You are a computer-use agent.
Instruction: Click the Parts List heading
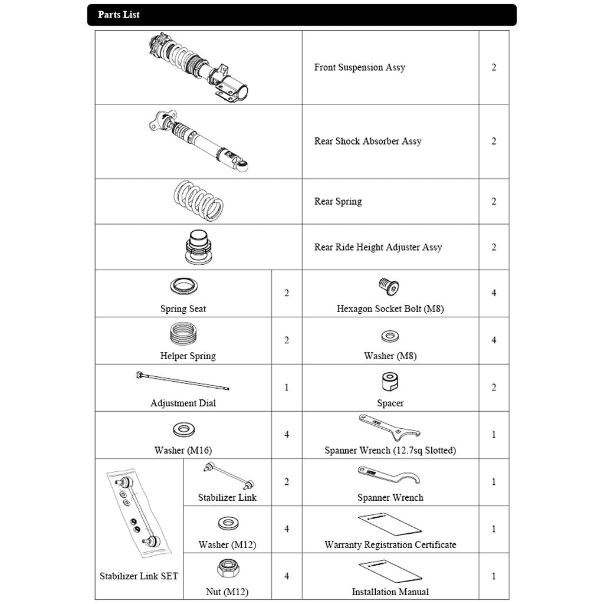tap(119, 15)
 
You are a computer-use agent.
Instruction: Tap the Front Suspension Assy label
tap(359, 67)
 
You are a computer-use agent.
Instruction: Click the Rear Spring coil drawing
tap(198, 201)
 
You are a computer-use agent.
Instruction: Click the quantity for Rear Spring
tap(494, 201)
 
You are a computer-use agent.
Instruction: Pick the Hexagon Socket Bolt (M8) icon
tap(389, 287)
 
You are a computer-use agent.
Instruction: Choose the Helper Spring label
tap(188, 356)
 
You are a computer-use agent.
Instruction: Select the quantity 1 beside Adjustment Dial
tap(287, 388)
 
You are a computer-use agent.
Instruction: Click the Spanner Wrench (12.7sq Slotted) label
tap(390, 450)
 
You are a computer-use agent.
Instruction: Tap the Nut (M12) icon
tap(227, 570)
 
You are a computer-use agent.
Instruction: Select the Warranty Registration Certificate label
tap(390, 544)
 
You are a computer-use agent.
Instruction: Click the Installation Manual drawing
tap(390, 571)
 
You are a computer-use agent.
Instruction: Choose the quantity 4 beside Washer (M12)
tap(287, 529)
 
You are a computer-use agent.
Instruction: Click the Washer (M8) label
tap(390, 356)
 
